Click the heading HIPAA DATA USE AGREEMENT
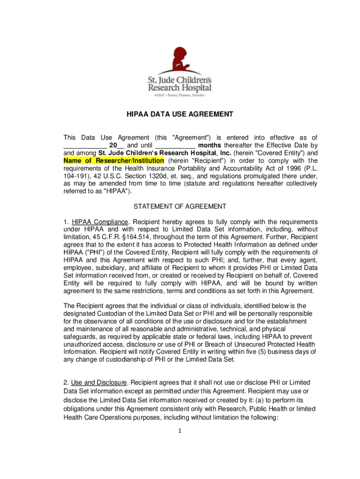point(180,114)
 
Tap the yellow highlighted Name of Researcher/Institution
point(114,160)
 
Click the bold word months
point(210,145)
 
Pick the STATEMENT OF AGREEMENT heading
point(180,206)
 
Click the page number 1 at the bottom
point(180,431)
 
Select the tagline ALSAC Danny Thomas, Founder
point(180,94)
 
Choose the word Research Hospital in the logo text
point(180,88)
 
